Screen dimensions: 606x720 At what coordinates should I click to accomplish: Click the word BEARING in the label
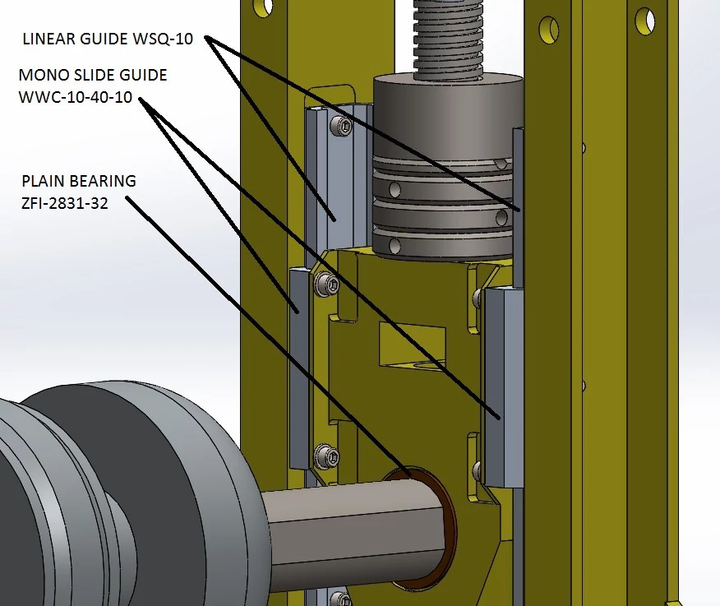click(103, 181)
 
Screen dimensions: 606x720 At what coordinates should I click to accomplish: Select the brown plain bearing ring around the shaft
click(450, 526)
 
